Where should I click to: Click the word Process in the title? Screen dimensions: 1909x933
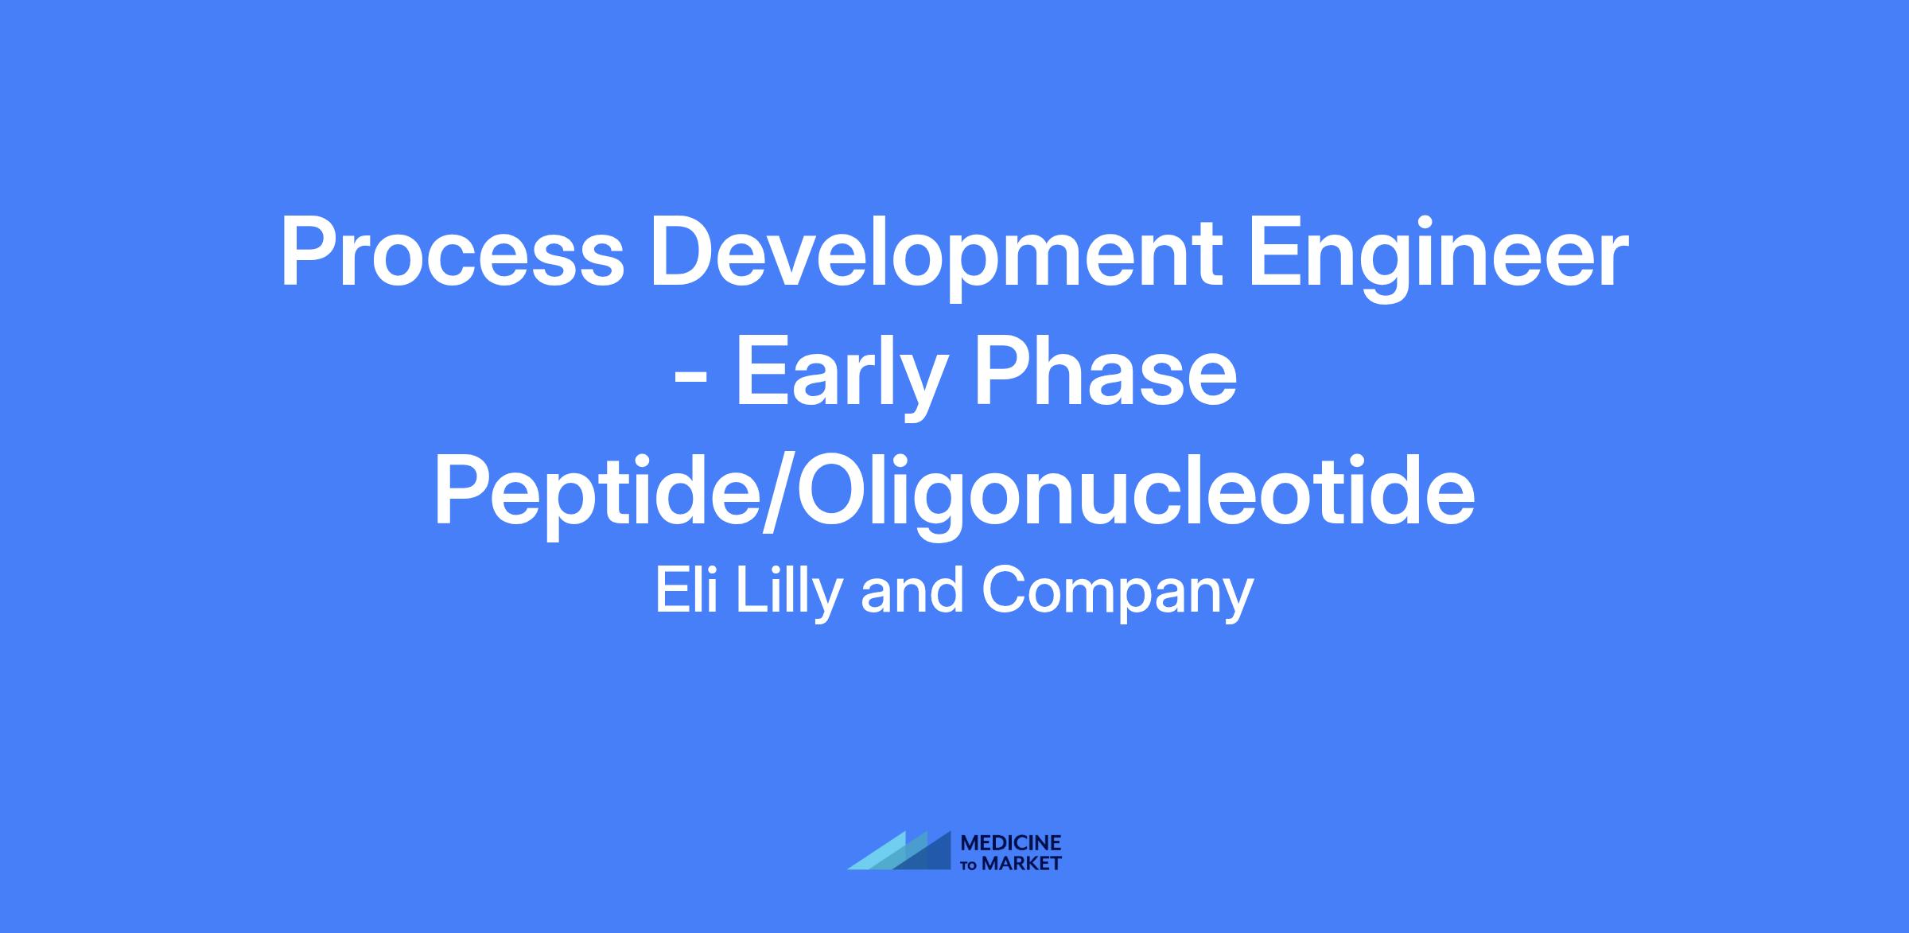tap(453, 253)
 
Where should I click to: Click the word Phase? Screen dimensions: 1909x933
tap(1106, 370)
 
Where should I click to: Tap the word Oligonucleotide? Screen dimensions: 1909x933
tap(1129, 498)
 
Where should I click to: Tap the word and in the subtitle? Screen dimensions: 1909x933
tap(911, 590)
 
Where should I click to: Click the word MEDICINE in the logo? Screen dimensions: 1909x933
tap(1011, 843)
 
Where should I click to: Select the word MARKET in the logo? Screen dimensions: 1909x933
tap(1022, 863)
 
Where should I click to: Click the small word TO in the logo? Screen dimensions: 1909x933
tap(970, 865)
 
